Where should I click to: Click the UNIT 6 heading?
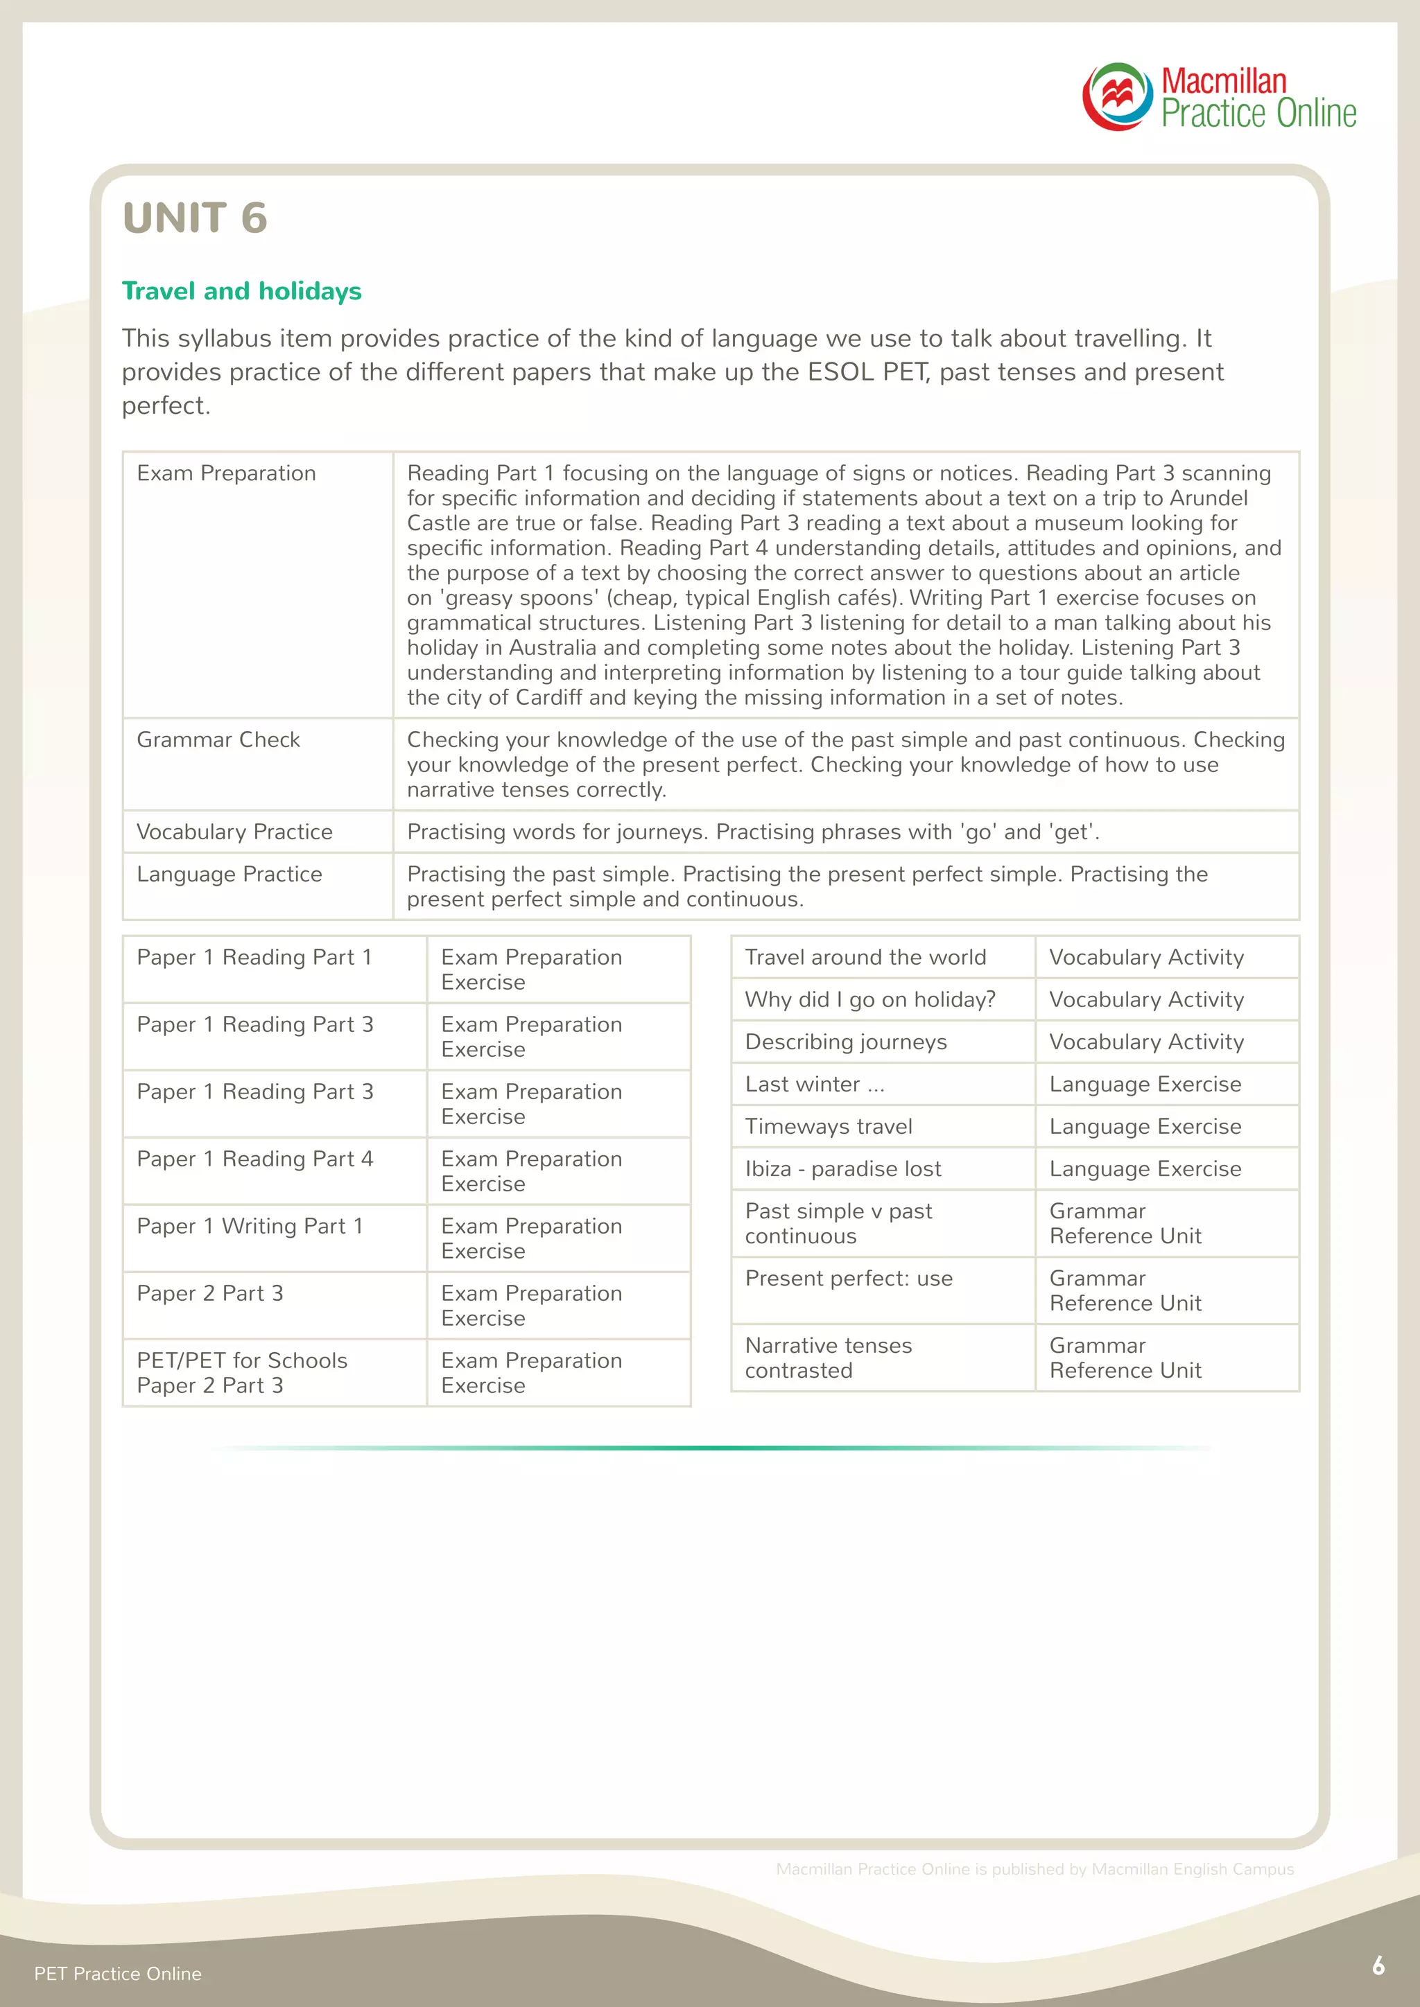pyautogui.click(x=195, y=218)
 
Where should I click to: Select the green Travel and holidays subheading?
pyautogui.click(x=241, y=291)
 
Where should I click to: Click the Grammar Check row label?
pyautogui.click(x=218, y=739)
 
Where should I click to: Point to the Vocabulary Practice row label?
pyautogui.click(x=234, y=832)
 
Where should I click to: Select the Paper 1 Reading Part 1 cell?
pyautogui.click(x=254, y=957)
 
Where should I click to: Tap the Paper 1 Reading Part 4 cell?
pyautogui.click(x=254, y=1159)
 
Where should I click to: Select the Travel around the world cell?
pyautogui.click(x=865, y=957)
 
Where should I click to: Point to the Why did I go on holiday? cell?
pyautogui.click(x=869, y=999)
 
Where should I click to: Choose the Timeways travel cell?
pyautogui.click(x=828, y=1127)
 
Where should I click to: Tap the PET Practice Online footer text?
pyautogui.click(x=117, y=1974)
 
